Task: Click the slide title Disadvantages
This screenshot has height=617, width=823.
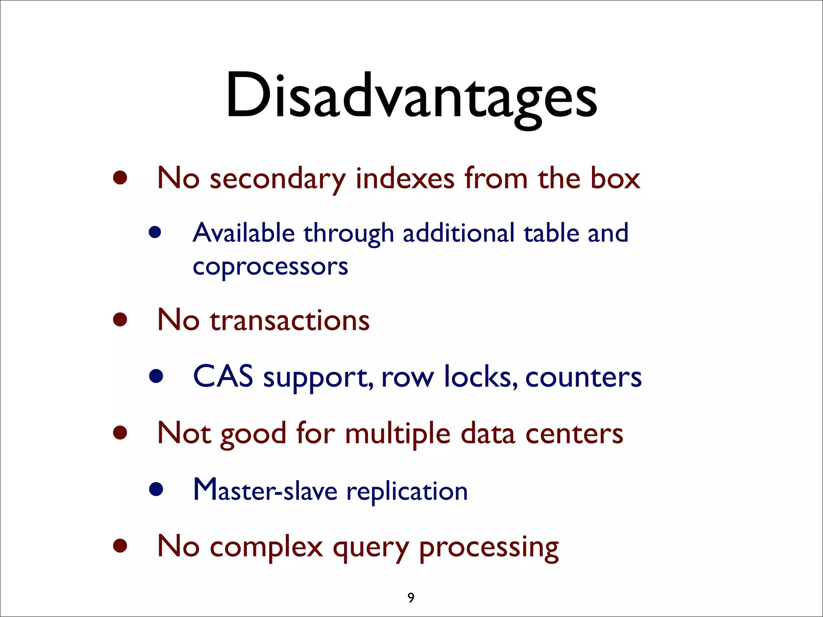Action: (x=411, y=96)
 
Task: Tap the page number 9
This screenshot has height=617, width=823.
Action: (x=411, y=598)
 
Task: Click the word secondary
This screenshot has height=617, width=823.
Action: (x=277, y=179)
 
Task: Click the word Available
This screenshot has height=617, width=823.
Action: (x=244, y=233)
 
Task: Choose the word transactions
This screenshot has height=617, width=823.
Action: (x=289, y=321)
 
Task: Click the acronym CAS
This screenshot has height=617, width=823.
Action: (x=223, y=377)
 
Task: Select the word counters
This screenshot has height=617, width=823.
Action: (x=583, y=378)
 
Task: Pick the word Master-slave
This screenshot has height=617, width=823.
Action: (x=265, y=490)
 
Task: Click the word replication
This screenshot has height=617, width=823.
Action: (x=407, y=492)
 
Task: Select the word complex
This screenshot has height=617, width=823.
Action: (x=266, y=548)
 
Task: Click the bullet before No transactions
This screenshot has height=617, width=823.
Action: (x=120, y=320)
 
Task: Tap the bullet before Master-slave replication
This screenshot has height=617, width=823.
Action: (x=156, y=489)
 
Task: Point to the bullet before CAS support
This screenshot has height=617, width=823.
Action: (x=156, y=376)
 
